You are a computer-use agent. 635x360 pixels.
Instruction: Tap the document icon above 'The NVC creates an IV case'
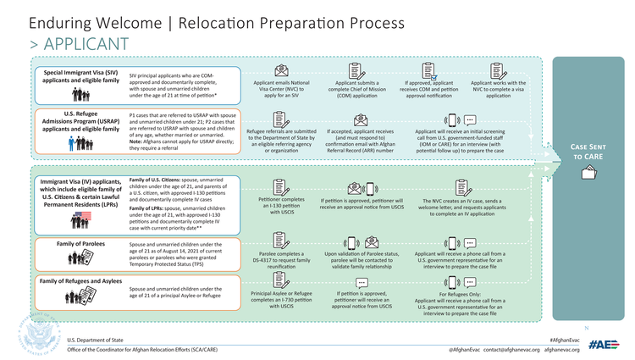point(462,186)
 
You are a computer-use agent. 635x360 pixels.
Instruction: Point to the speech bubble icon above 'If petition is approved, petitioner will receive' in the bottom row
point(362,283)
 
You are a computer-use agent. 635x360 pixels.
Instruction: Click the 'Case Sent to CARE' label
point(589,151)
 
